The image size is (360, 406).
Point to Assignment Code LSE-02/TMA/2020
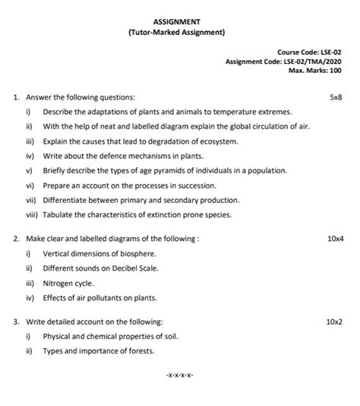pyautogui.click(x=283, y=62)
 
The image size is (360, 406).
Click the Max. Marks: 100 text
pyautogui.click(x=314, y=71)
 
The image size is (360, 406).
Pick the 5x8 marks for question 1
pyautogui.click(x=335, y=97)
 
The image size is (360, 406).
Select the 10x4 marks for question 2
pyautogui.click(x=335, y=238)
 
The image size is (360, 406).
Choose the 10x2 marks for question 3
pyautogui.click(x=335, y=322)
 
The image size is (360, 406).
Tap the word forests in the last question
pyautogui.click(x=139, y=350)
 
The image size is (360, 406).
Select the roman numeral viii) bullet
pyautogui.click(x=30, y=214)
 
